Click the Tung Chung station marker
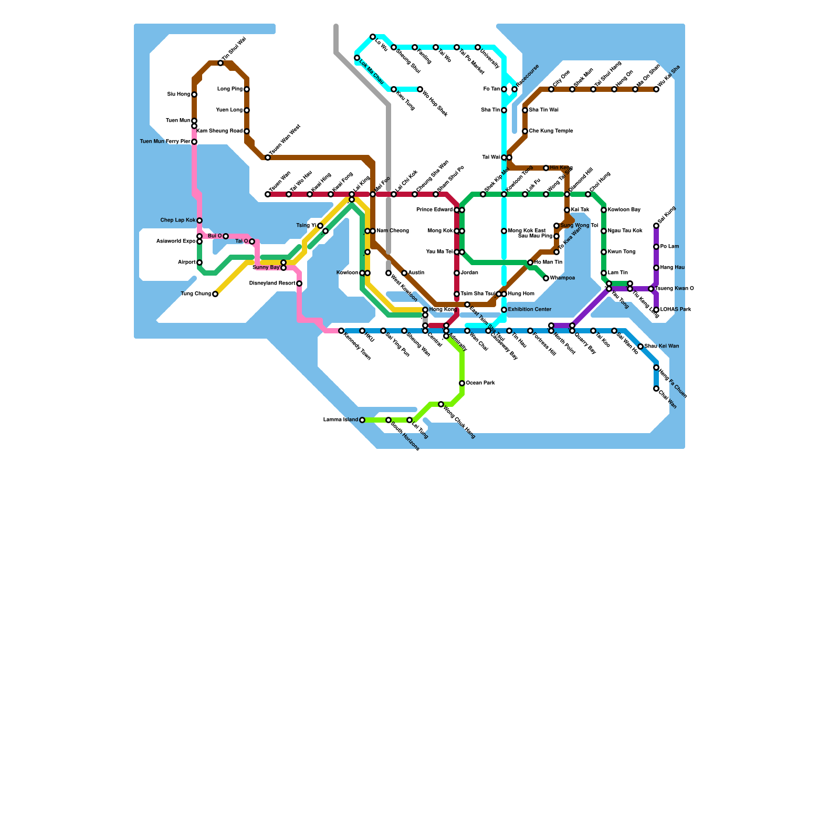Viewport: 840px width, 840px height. click(215, 294)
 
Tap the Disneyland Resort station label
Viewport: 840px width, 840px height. click(272, 283)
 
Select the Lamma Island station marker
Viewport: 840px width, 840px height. click(362, 420)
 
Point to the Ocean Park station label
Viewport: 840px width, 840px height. click(480, 383)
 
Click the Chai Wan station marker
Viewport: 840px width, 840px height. click(656, 388)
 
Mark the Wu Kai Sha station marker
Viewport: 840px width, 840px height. click(656, 89)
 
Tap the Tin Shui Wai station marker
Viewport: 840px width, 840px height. click(220, 63)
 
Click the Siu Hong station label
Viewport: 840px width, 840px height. click(178, 94)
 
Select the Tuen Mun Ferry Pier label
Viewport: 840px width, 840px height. click(165, 142)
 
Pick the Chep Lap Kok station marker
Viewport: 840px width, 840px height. click(199, 220)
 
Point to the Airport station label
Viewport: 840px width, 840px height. click(187, 262)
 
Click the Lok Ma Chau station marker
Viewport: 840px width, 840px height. click(357, 58)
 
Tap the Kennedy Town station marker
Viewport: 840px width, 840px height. click(341, 331)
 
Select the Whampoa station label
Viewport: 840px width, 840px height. click(562, 278)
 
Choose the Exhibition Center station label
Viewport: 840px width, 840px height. click(530, 310)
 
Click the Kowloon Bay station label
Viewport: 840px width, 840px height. click(624, 210)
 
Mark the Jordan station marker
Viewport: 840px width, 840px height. click(457, 273)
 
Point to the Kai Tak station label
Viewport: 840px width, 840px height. click(580, 210)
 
